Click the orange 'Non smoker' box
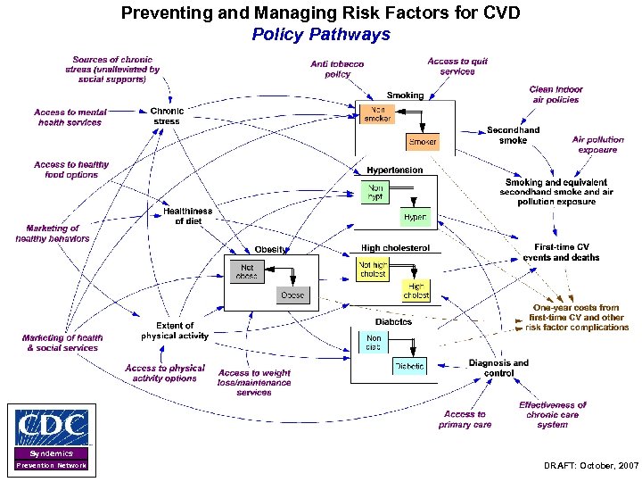(377, 113)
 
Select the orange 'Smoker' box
(423, 141)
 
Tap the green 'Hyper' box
(415, 217)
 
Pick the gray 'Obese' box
(292, 295)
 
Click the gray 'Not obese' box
(246, 271)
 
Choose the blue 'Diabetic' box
(409, 365)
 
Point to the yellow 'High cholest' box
(416, 291)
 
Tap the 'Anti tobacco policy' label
(337, 70)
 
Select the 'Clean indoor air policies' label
(556, 95)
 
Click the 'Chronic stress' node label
(167, 116)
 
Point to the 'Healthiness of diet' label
(188, 216)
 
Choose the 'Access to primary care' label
(465, 420)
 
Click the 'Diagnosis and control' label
(498, 368)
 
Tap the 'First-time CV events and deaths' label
(561, 252)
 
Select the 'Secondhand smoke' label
(513, 135)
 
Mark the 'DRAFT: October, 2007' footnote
(590, 466)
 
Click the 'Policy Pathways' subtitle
(321, 35)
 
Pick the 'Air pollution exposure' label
(597, 145)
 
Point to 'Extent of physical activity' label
(175, 331)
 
